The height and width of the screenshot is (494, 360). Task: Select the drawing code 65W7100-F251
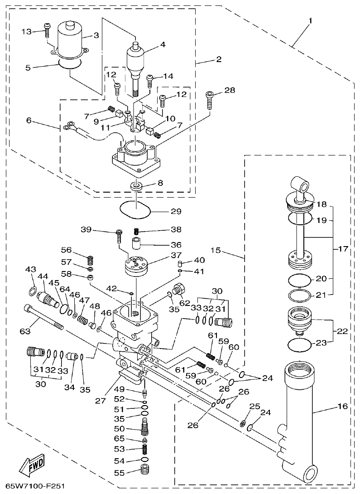(33, 487)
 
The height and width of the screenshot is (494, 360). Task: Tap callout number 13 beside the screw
(28, 31)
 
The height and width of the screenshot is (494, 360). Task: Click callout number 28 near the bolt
(230, 91)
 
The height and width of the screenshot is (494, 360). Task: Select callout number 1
(311, 21)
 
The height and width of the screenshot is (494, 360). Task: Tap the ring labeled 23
(299, 344)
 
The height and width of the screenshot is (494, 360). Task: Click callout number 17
(344, 249)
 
